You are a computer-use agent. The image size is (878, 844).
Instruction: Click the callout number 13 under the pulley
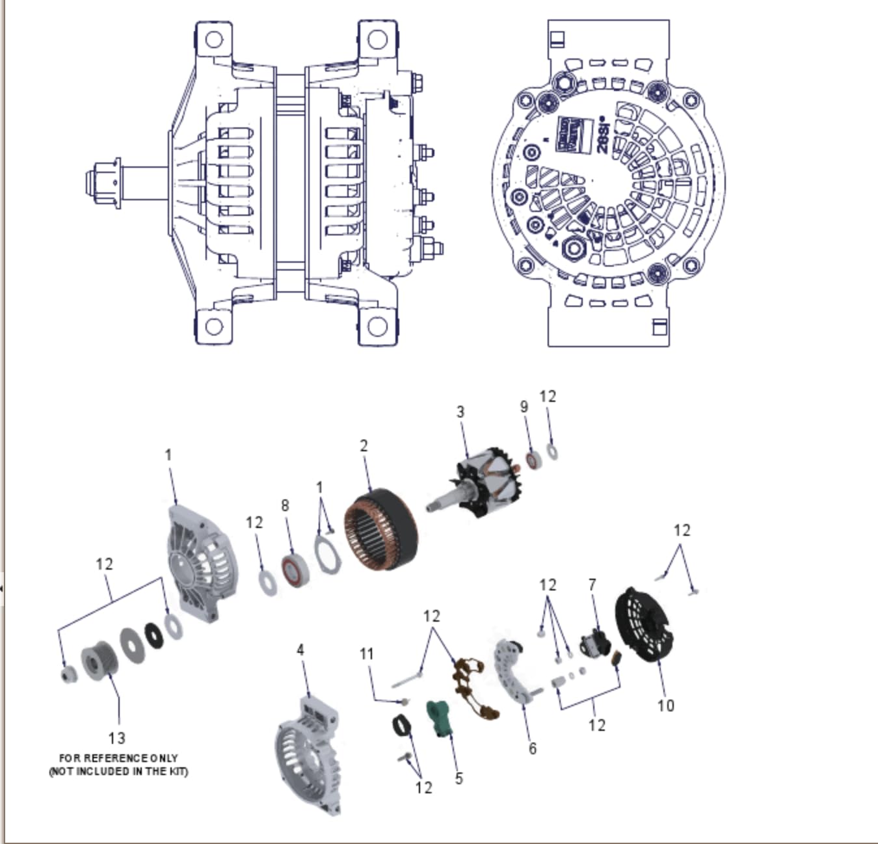pos(117,738)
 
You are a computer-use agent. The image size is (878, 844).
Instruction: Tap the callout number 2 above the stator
pos(364,445)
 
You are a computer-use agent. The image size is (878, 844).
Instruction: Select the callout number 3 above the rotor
pos(460,412)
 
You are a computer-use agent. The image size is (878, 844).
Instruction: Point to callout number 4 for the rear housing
pos(300,650)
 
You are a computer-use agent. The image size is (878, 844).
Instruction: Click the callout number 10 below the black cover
pos(665,706)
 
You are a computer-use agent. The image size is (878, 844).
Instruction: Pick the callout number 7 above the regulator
pos(592,585)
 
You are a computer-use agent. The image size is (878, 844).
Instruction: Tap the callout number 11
pos(367,653)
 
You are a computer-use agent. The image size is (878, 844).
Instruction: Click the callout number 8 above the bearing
pos(285,505)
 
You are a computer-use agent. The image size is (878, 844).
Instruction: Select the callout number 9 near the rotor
pos(524,406)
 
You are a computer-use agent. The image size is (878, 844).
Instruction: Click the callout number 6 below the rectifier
pos(533,748)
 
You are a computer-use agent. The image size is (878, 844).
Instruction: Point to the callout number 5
pos(459,778)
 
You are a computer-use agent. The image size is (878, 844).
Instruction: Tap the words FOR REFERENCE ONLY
pos(118,758)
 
